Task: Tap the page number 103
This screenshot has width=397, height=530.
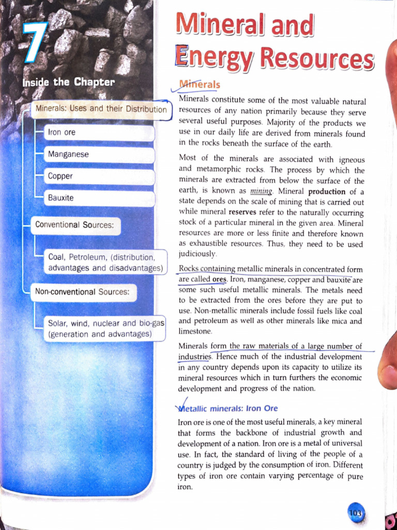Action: pos(356,512)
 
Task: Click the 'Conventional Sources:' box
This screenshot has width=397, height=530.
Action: pos(75,225)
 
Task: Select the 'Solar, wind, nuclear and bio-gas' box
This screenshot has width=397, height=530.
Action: pos(106,329)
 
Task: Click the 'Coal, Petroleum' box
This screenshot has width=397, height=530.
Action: pos(106,263)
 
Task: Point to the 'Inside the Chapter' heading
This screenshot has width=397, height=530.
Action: pos(68,82)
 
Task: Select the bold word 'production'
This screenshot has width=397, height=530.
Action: pos(327,191)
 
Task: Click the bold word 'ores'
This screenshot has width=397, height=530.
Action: pos(219,279)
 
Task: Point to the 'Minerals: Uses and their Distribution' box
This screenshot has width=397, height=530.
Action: pos(101,109)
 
